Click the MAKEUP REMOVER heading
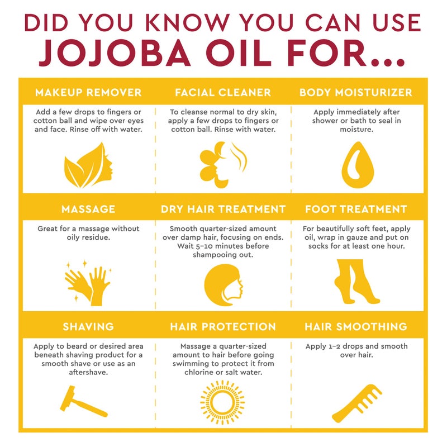[88, 92]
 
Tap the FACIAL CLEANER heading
[223, 92]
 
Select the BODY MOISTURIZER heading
[356, 92]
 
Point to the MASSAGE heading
[88, 209]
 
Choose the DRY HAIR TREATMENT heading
[223, 209]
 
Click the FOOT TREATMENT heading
[356, 209]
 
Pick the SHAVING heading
[88, 326]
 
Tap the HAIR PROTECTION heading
[223, 326]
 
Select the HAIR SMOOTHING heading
[356, 326]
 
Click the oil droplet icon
[356, 165]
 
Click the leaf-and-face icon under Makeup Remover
[88, 165]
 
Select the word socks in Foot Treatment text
[317, 246]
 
